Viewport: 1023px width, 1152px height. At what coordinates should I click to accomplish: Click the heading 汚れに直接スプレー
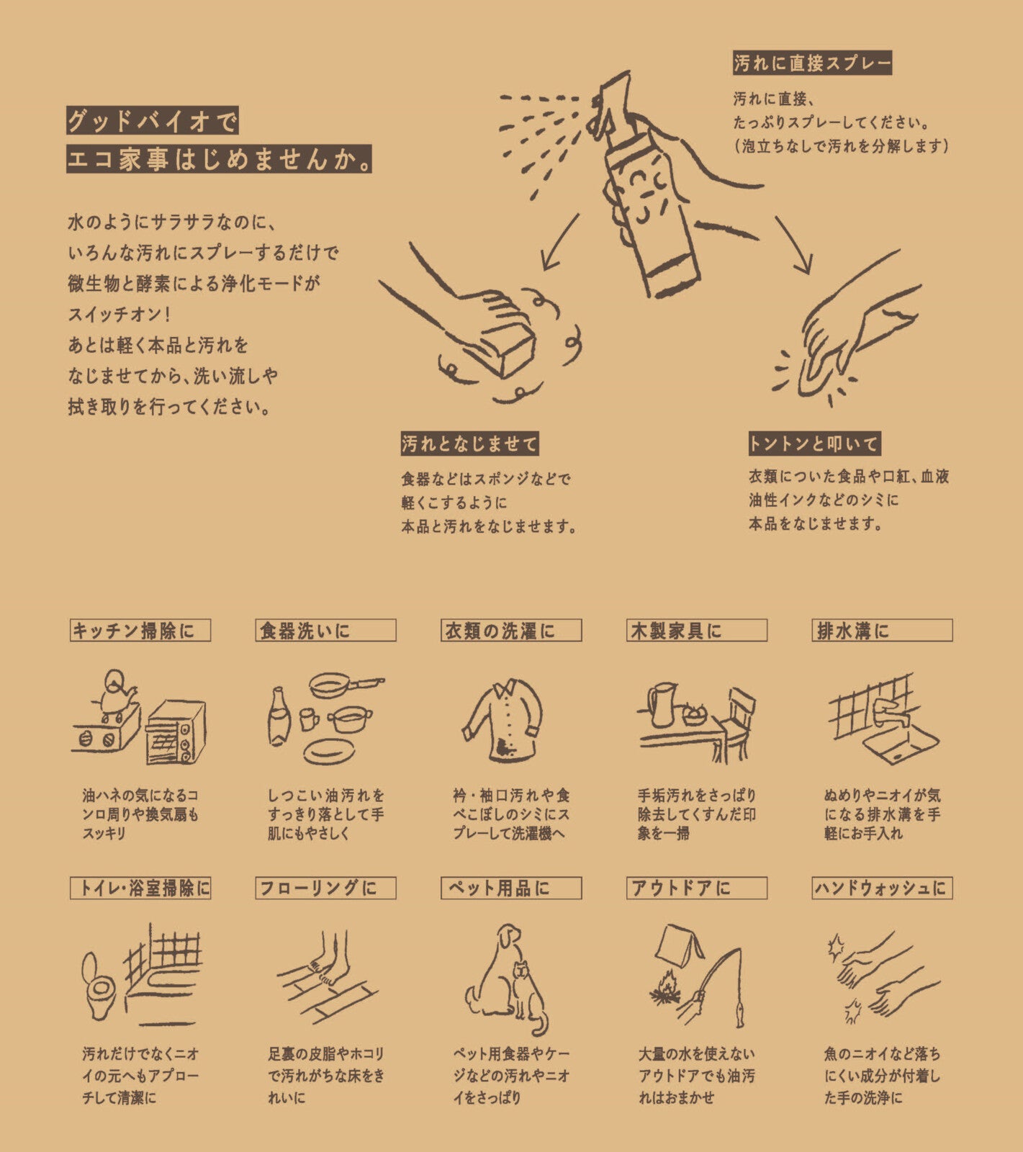tap(812, 63)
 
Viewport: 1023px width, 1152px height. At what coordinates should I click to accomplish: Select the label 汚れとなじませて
tap(469, 444)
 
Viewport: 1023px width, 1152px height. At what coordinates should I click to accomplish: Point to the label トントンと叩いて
tap(814, 444)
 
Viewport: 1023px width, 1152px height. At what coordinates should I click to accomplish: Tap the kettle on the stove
tap(115, 691)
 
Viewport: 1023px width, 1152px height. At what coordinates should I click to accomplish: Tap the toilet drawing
tap(99, 985)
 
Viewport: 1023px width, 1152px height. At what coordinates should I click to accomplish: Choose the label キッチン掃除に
tap(140, 631)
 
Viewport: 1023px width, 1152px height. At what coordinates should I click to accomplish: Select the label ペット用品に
tap(510, 888)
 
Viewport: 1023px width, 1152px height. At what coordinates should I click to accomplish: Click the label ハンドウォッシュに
tap(881, 888)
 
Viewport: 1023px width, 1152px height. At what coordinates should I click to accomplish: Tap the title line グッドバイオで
tap(152, 121)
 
